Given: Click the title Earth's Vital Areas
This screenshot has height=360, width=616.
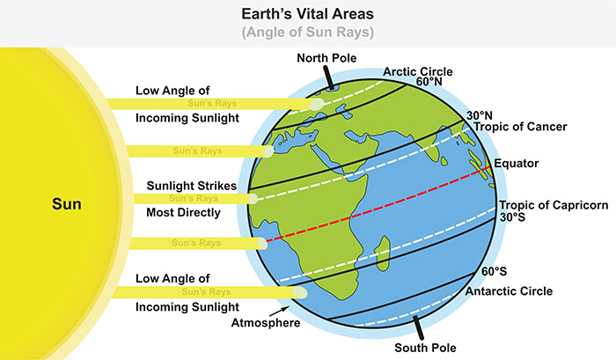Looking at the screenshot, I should coord(308,15).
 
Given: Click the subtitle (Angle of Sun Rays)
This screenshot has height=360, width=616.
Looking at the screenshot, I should coord(308,34).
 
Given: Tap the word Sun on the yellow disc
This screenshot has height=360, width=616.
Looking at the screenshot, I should coord(66,205).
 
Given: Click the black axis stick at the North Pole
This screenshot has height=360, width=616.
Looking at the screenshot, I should coord(328,77).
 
